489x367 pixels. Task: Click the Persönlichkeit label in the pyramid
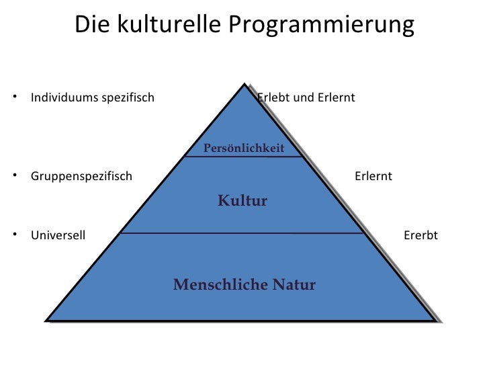coord(243,148)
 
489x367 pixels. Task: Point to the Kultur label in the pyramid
coord(242,200)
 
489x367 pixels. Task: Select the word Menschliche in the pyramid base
coord(212,284)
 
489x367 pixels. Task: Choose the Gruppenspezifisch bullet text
coord(81,177)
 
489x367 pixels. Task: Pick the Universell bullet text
coord(58,235)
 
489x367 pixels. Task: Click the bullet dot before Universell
coord(14,235)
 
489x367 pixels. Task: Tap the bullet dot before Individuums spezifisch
coord(14,97)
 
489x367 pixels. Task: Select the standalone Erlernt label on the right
coord(373,177)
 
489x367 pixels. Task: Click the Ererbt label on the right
coord(420,235)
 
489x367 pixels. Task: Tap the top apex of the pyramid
coord(242,85)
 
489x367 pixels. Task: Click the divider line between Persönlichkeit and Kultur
coord(242,157)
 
